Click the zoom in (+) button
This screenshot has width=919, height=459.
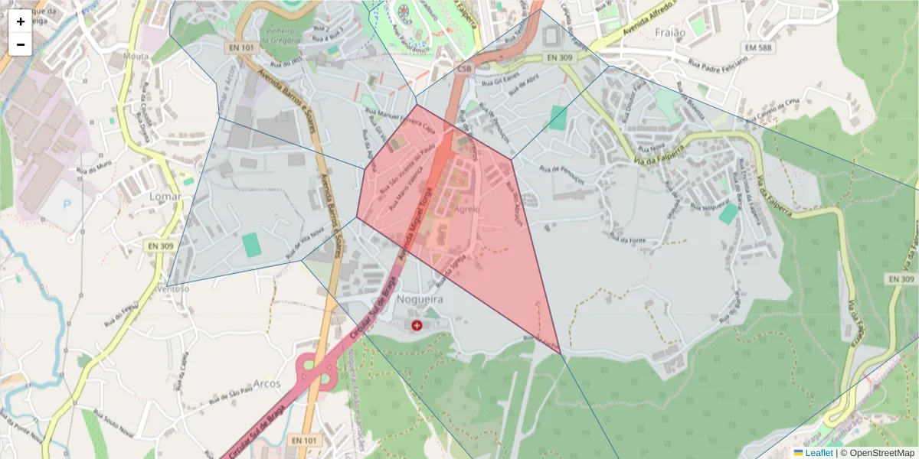(x=20, y=21)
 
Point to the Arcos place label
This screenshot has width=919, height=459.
(x=267, y=383)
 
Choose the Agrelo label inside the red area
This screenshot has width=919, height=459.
(x=467, y=209)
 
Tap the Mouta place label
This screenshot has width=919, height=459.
(x=136, y=57)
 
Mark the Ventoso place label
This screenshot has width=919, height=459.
(x=173, y=288)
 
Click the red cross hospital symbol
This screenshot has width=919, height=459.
(x=417, y=326)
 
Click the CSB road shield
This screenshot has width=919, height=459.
(x=465, y=68)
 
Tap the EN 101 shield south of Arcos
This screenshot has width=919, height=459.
(x=305, y=441)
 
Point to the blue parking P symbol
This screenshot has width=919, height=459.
(x=67, y=204)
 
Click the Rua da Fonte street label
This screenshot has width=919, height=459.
(x=628, y=240)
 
